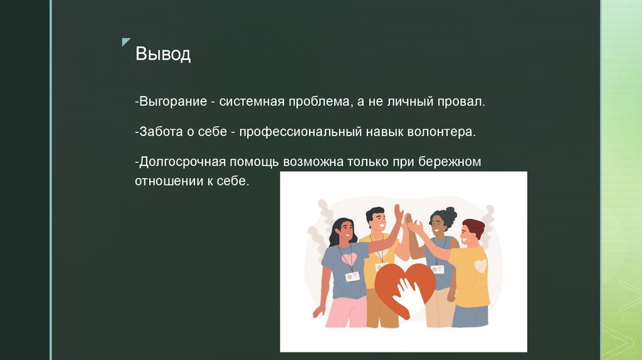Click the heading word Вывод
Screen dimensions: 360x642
pyautogui.click(x=163, y=55)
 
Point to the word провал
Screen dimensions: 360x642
pyautogui.click(x=462, y=102)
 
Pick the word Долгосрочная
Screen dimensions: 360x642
pyautogui.click(x=180, y=162)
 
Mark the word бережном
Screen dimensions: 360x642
pyautogui.click(x=455, y=162)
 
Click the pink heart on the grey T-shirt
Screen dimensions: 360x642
pyautogui.click(x=349, y=257)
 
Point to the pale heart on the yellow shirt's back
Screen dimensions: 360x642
pyautogui.click(x=480, y=266)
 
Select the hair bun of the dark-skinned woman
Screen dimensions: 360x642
pyautogui.click(x=451, y=212)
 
